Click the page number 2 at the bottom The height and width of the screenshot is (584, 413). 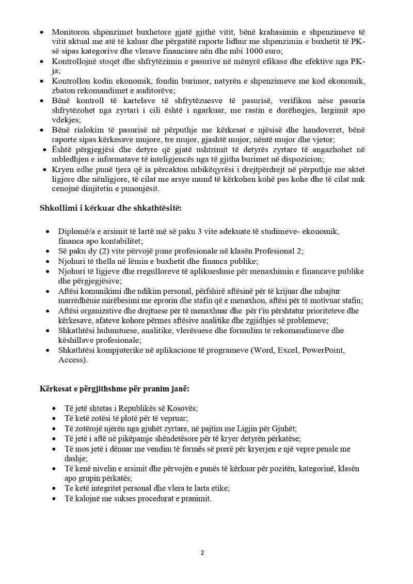click(202, 553)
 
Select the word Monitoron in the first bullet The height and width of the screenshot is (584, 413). click(71, 32)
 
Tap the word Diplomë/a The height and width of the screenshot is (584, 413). click(76, 231)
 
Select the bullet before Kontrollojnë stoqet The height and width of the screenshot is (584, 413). click(42, 62)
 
